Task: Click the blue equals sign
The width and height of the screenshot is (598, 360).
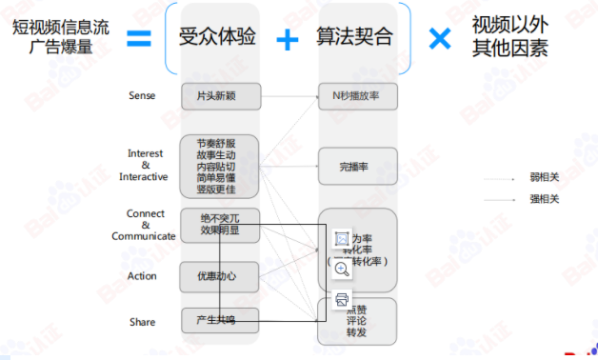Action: pos(139,38)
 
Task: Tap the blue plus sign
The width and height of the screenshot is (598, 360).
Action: pos(287,39)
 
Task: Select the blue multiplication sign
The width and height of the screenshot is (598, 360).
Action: pos(439,38)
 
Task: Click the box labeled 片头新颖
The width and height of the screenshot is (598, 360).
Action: pos(218,96)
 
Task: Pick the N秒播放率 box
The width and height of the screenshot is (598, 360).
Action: pos(357,96)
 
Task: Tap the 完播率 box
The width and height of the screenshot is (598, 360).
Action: pos(357,166)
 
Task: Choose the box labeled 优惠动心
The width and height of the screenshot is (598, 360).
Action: pos(218,276)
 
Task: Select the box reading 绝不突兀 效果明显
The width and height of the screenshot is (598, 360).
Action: pos(218,225)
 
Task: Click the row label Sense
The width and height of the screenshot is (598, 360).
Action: pos(142,96)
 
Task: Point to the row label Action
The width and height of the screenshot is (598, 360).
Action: pos(142,276)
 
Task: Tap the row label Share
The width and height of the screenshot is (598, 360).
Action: pos(142,322)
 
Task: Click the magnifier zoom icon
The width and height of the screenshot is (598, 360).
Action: pos(342,269)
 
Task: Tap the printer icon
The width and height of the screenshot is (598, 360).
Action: pos(342,300)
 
